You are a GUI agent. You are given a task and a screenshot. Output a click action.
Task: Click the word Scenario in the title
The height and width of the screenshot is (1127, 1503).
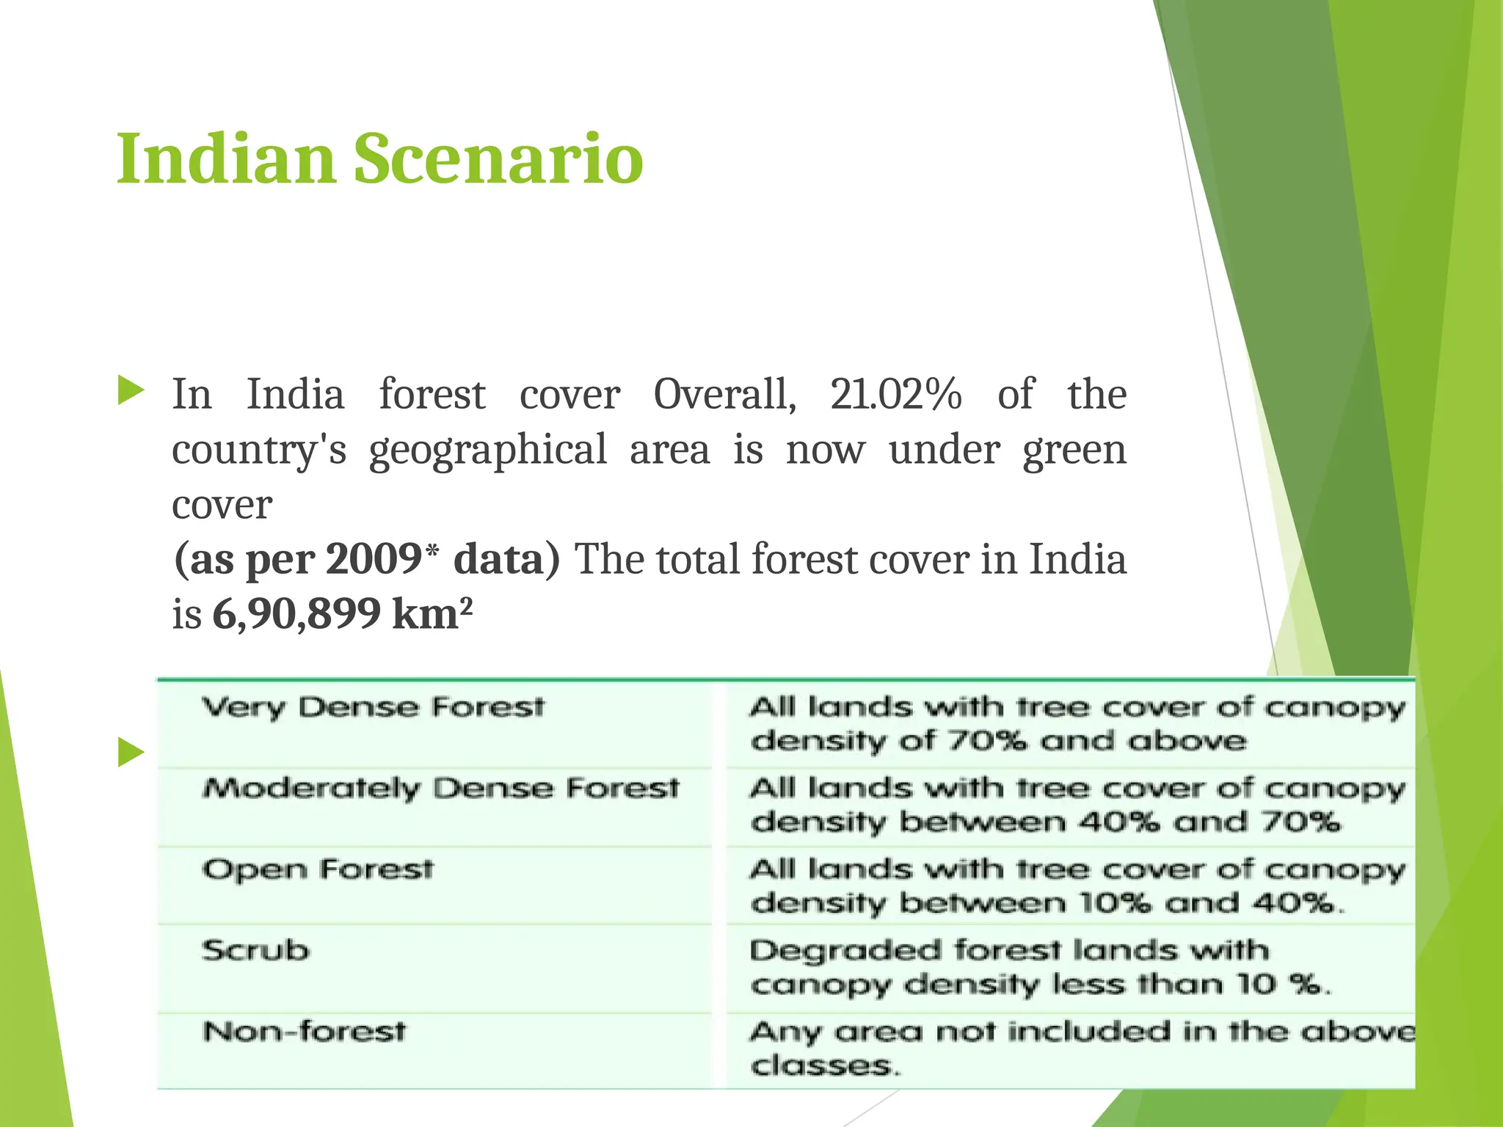(x=498, y=158)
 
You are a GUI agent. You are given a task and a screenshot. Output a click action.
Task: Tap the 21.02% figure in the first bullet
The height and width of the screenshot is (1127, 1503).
(x=895, y=395)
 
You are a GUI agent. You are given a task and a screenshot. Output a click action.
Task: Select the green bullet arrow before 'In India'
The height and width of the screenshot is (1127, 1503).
(x=131, y=390)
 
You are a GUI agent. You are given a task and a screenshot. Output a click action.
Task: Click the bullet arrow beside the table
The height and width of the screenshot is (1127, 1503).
(x=131, y=753)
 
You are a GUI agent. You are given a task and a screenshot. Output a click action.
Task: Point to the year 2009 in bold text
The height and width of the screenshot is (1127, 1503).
(x=373, y=559)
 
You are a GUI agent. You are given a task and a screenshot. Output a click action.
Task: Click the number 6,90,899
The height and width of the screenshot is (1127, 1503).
(x=296, y=614)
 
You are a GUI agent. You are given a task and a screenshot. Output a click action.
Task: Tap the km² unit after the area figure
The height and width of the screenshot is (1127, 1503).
(x=432, y=614)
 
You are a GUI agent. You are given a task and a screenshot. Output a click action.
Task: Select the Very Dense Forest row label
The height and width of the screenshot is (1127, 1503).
(x=373, y=708)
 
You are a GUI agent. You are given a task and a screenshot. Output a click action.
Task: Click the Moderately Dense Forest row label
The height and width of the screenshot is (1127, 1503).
(x=440, y=789)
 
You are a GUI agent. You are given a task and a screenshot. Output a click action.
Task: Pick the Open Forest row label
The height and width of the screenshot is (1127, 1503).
(x=318, y=870)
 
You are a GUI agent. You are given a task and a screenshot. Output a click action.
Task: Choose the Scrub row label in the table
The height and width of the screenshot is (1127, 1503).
(x=255, y=951)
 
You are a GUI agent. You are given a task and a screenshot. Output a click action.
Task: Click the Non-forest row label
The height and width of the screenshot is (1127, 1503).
(x=304, y=1032)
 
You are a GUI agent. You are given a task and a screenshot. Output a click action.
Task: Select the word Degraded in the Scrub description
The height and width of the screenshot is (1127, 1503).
(x=844, y=952)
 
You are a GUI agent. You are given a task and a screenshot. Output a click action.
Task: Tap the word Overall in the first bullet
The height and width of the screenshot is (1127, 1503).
(x=724, y=395)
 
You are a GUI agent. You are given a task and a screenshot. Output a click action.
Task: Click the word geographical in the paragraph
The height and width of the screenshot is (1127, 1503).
(x=487, y=450)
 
